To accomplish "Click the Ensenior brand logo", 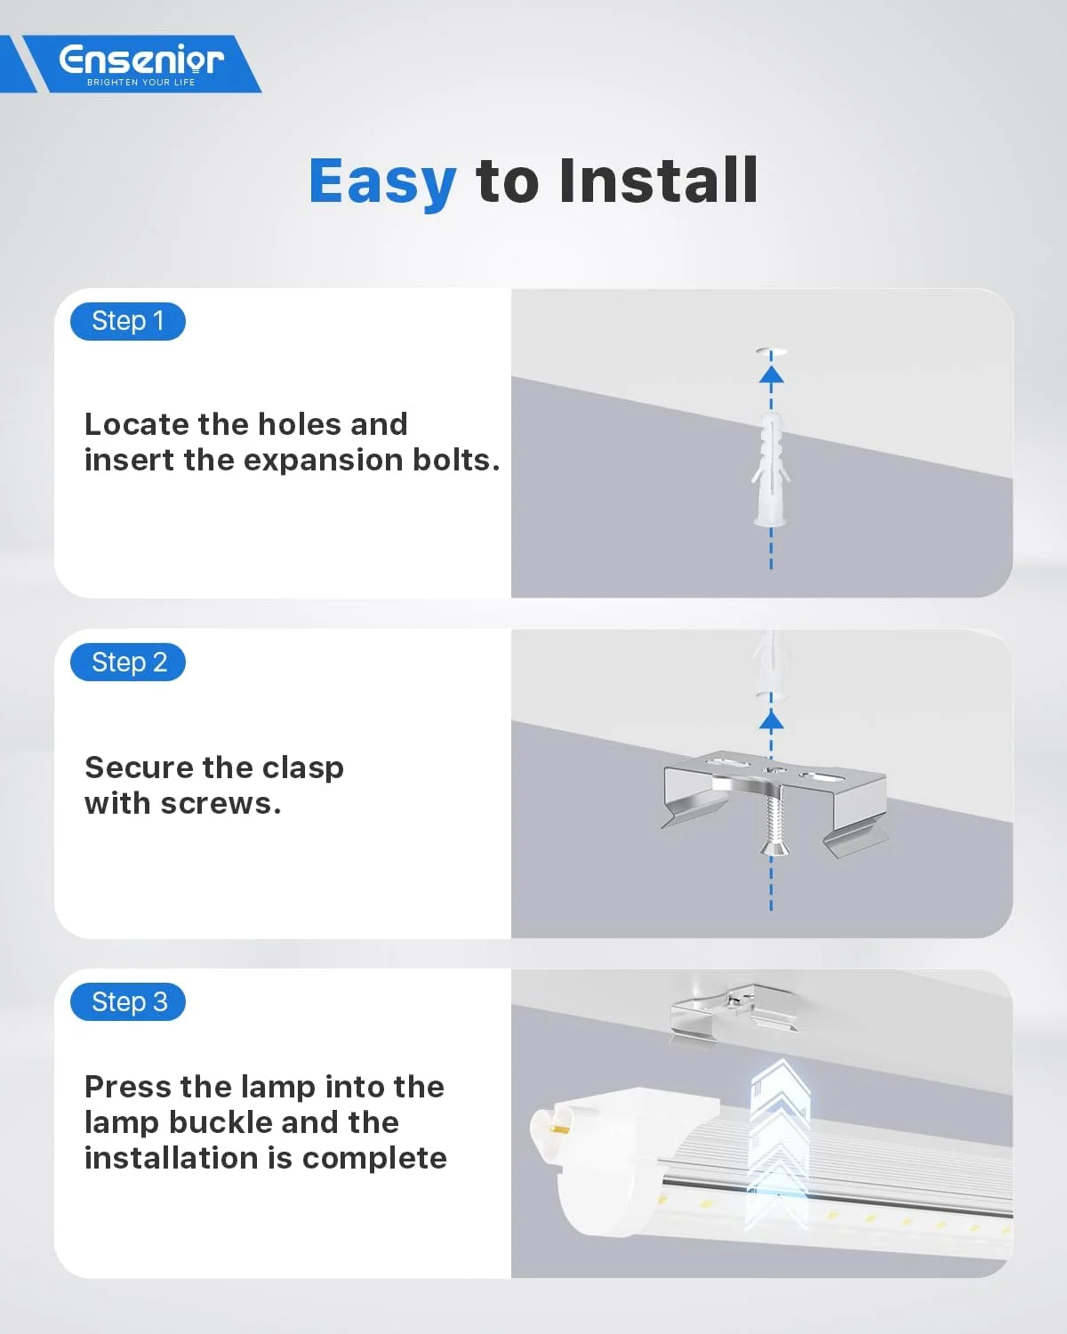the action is (x=141, y=64).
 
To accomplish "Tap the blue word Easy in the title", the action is (x=382, y=181).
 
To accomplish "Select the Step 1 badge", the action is (x=128, y=321).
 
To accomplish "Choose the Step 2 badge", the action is (x=128, y=662).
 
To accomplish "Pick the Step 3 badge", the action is (x=128, y=1001).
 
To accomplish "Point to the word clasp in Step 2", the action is (x=302, y=769).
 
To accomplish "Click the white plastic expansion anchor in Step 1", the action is (x=771, y=470).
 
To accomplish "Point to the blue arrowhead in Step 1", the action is (x=771, y=374).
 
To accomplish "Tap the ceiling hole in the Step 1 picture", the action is (x=771, y=352).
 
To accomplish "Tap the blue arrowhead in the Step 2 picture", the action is (x=771, y=719).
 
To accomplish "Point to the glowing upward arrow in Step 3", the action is (x=779, y=1145).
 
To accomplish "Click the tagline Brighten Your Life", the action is (x=141, y=83).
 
